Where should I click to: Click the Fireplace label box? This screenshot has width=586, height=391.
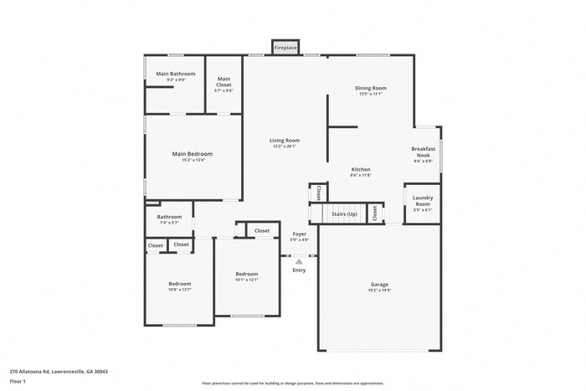coord(285,49)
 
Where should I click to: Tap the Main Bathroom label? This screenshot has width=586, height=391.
coord(176,74)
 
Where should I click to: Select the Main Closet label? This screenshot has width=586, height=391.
coord(224,81)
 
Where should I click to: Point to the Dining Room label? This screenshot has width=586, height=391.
coord(372,88)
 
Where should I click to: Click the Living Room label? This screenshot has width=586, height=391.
coord(285,141)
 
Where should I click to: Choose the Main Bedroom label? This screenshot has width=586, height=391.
coord(193,154)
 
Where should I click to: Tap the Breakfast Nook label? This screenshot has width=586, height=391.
coord(423,152)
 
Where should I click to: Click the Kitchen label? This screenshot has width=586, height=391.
coord(361,170)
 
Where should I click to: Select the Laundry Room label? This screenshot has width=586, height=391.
coord(423,201)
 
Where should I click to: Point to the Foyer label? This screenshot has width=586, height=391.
coord(299,234)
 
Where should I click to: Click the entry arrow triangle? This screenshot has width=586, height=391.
coord(299,260)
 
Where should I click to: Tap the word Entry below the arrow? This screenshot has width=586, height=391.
coord(299,270)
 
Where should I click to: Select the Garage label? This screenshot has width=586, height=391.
coord(379,285)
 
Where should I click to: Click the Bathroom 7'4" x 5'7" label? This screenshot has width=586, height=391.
coord(169,217)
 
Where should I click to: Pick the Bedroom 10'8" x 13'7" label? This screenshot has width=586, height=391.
coord(180,284)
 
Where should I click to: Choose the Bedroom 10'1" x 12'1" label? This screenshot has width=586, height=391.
coord(246,275)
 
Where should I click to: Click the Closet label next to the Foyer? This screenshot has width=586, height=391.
coord(262,230)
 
